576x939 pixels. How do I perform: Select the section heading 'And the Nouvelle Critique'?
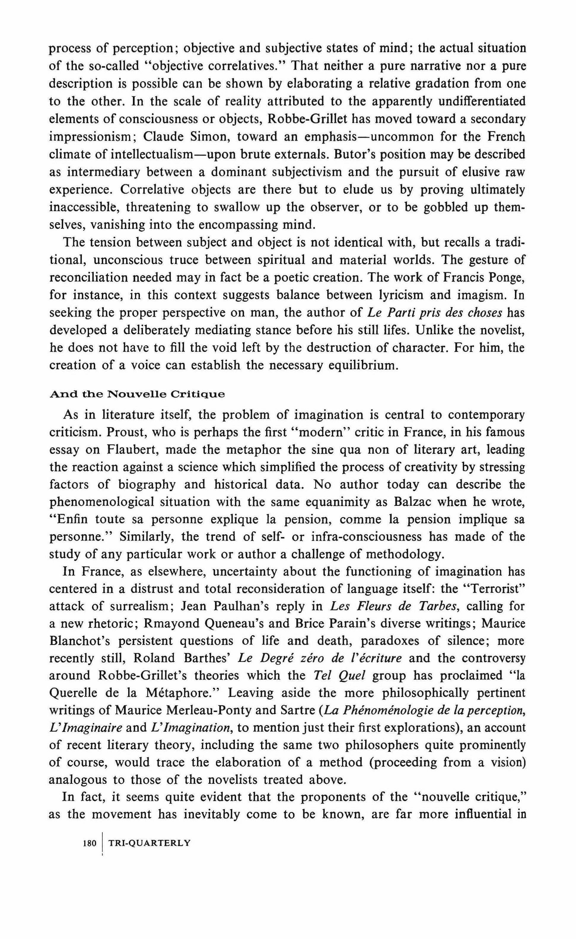[x=137, y=394]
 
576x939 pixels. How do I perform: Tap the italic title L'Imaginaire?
[x=86, y=727]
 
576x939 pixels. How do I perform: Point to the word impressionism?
[x=95, y=136]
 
